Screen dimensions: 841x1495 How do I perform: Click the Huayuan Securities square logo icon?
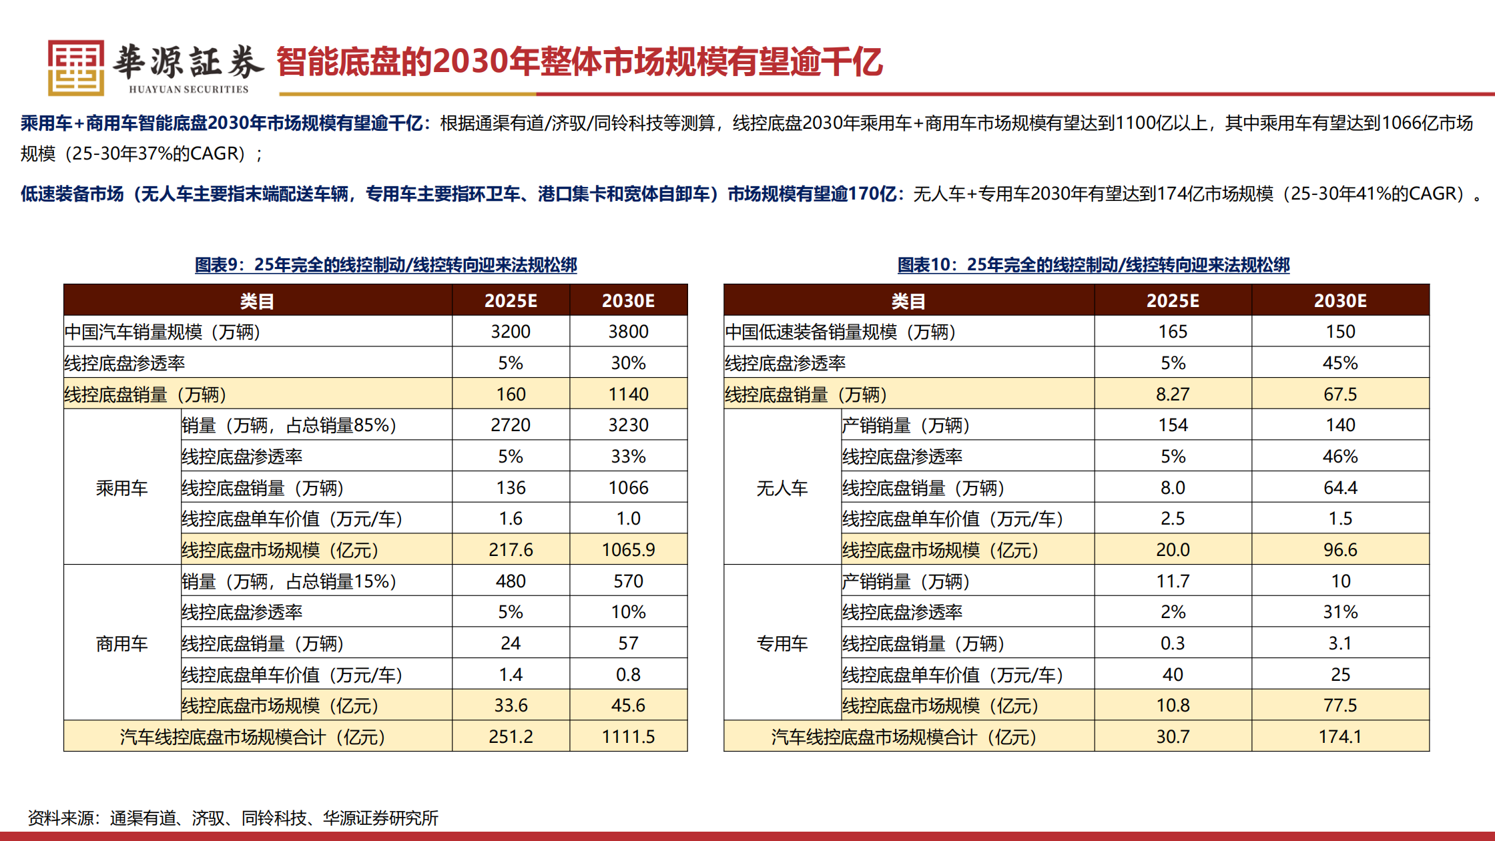[75, 67]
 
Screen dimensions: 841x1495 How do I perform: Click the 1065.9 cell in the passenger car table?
[628, 549]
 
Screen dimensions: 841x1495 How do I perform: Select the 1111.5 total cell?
[628, 736]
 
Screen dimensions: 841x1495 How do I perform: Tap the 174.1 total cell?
[1340, 736]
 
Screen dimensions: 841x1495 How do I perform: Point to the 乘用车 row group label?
[121, 488]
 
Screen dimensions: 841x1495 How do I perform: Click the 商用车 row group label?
[121, 643]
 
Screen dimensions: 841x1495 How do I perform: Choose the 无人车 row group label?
[782, 488]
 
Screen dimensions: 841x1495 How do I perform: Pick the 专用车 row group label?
[782, 643]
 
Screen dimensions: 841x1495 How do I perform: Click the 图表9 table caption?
[386, 265]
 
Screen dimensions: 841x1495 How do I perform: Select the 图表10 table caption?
[1093, 265]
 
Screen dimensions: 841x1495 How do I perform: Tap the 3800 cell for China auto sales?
[628, 332]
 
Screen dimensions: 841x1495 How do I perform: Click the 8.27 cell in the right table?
[1173, 394]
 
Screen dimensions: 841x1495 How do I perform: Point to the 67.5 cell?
[1340, 394]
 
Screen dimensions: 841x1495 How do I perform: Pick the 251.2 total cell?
[511, 736]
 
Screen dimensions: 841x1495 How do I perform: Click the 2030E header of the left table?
[628, 300]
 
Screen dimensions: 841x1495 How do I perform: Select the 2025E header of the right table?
[1173, 300]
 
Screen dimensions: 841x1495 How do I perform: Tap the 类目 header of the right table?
[908, 300]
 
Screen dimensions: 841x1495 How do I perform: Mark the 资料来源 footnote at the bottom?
[233, 818]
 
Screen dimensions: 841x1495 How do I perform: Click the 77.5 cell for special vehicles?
[1340, 706]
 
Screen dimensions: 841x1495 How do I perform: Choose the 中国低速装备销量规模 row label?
[840, 332]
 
